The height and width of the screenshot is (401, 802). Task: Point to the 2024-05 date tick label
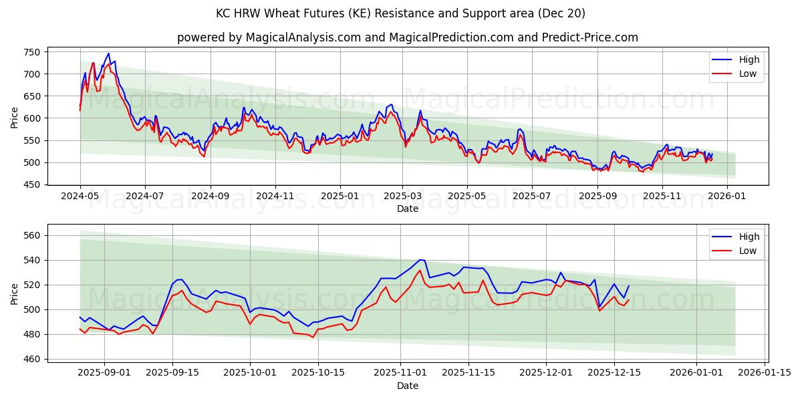click(x=80, y=196)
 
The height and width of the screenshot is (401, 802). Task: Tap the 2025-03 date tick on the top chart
click(x=402, y=196)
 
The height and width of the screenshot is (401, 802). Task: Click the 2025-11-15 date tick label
click(x=472, y=372)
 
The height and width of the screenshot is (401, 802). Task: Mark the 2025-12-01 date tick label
click(x=546, y=372)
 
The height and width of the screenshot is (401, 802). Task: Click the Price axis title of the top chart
click(x=15, y=118)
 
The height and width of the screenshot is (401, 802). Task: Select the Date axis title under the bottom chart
click(x=408, y=386)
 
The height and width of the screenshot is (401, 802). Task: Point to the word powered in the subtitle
click(x=199, y=37)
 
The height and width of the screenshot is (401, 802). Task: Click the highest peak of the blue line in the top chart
click(x=108, y=53)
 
